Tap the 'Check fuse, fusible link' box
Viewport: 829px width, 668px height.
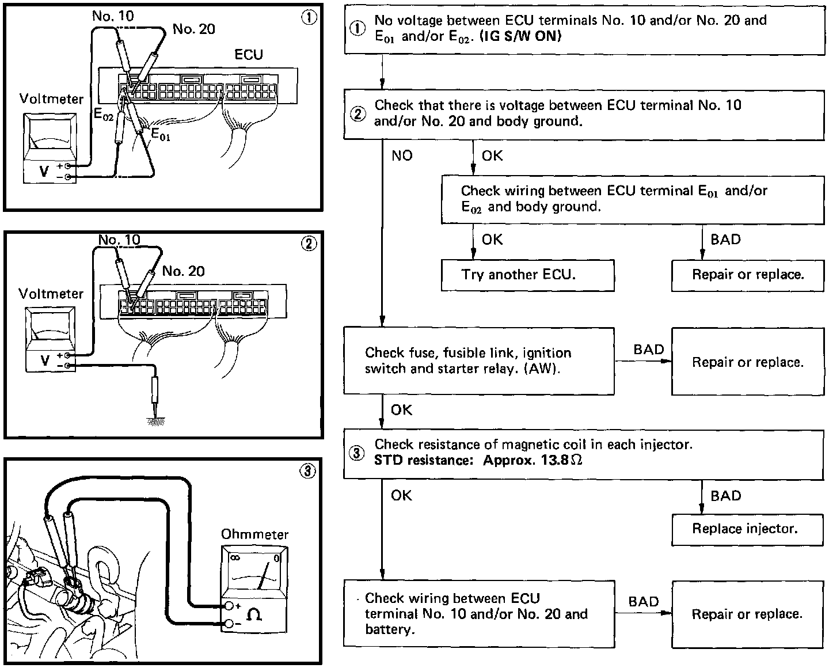(478, 361)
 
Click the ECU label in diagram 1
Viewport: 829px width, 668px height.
(248, 55)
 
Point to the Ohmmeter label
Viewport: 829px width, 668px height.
(254, 534)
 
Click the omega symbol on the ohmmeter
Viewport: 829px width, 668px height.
(253, 615)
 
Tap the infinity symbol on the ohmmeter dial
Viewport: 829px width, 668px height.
(234, 558)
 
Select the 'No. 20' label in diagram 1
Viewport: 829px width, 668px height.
(194, 29)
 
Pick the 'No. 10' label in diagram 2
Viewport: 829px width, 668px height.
(119, 240)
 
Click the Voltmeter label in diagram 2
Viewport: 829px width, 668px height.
(51, 294)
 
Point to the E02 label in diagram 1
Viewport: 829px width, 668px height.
(104, 114)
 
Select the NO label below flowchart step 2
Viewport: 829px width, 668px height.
(402, 155)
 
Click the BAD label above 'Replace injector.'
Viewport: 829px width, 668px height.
(725, 496)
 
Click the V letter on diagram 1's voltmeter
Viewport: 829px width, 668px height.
(44, 171)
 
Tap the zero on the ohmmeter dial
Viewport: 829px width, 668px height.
(277, 558)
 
